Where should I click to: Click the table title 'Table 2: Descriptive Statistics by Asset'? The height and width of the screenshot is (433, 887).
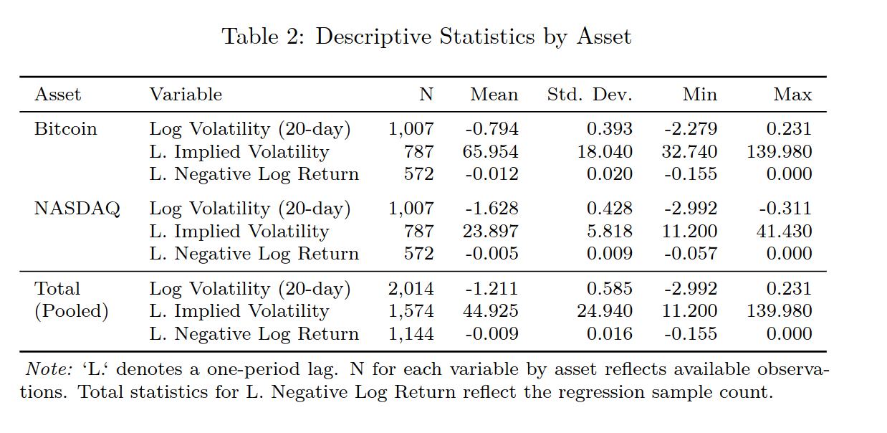pos(426,37)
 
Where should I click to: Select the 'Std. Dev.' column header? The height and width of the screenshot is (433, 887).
pos(590,95)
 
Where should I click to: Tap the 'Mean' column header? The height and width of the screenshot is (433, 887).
pos(494,95)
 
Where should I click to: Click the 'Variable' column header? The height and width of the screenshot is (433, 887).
pos(186,95)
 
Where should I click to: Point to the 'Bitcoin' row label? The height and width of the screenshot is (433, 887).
pos(65,129)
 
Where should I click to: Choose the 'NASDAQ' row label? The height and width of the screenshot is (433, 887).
pos(77,209)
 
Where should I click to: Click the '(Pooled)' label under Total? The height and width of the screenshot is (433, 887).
pos(72,312)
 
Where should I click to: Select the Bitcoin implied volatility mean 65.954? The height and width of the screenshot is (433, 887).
pos(492,152)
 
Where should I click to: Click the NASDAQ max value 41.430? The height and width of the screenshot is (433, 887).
pos(785,232)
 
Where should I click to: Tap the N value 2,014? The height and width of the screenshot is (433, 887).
pos(411,289)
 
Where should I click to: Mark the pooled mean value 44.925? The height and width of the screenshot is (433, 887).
pos(492,312)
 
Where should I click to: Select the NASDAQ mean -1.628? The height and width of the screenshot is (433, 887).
pos(492,209)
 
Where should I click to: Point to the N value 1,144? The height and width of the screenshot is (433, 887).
pos(411,334)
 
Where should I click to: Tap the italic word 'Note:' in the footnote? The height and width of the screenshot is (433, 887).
pos(49,370)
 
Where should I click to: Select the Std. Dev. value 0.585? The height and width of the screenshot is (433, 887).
pos(610,289)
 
